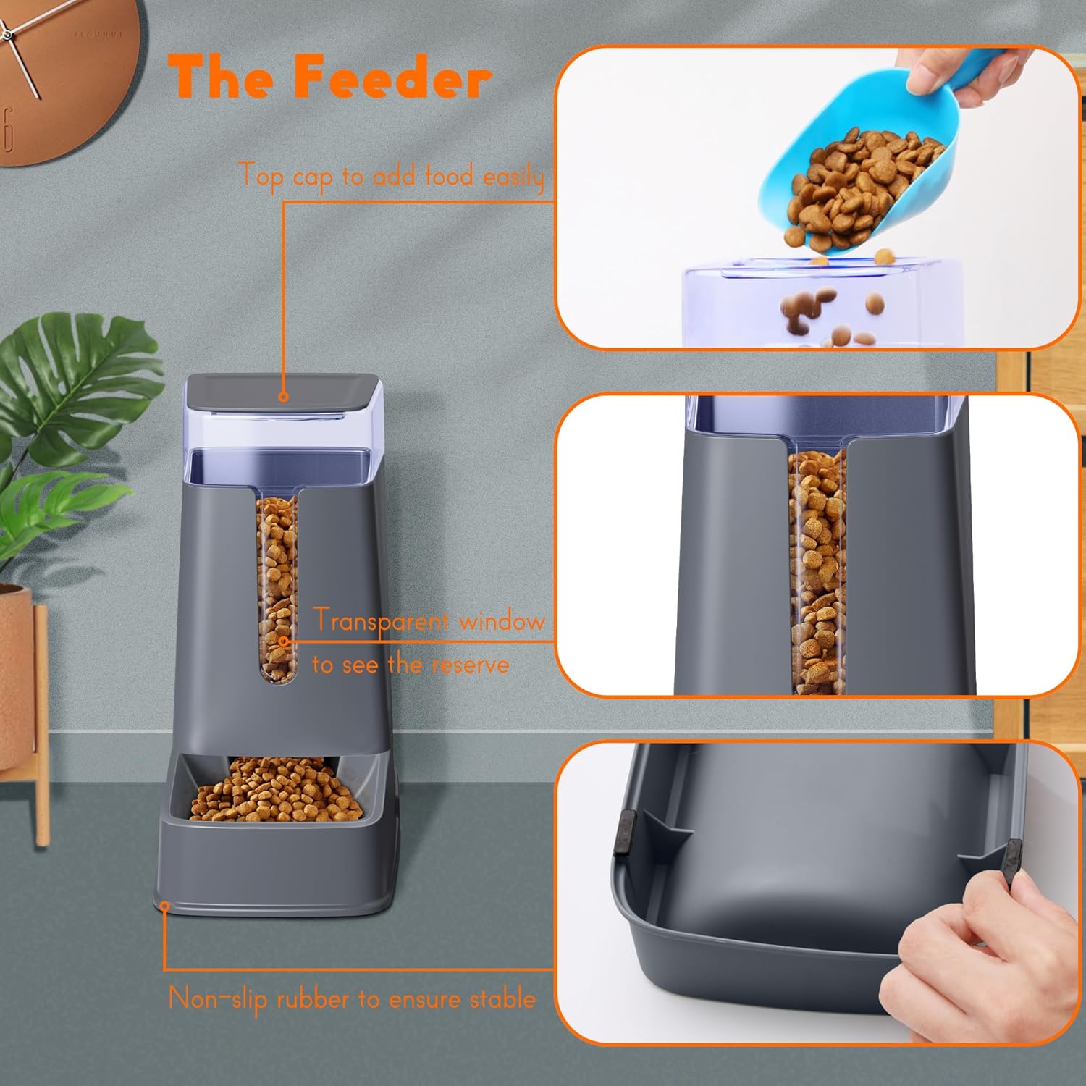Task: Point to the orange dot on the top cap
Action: pos(284,397)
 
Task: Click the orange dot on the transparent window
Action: pos(284,641)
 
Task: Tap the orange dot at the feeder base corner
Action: pos(164,905)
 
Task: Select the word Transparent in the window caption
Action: pos(382,621)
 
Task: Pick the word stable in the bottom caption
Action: pos(502,999)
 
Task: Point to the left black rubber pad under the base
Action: pos(624,833)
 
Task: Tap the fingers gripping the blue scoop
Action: pos(963,69)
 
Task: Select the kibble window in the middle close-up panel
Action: pos(817,572)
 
